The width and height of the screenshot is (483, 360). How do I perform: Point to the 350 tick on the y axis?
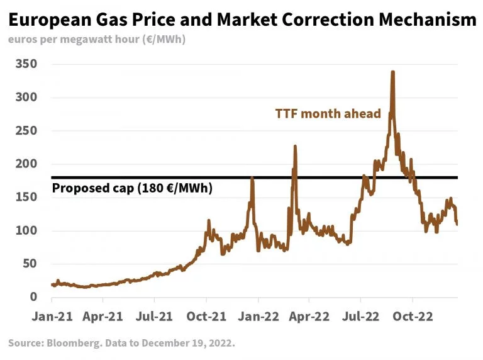pos(26,64)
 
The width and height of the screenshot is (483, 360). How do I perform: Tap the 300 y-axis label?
pos(26,98)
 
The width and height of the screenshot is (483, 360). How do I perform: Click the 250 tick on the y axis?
pos(26,131)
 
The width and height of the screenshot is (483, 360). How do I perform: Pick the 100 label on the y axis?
pos(26,231)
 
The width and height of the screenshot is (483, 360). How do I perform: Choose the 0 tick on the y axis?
pos(34,297)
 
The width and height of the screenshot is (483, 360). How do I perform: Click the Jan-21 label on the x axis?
pos(52,317)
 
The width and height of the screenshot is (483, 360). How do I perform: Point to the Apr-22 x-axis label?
pos(309,317)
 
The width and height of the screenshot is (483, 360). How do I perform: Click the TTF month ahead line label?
pos(328,114)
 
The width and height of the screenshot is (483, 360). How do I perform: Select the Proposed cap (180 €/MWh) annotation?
pos(131,188)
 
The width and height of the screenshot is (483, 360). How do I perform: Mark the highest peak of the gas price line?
pos(392,72)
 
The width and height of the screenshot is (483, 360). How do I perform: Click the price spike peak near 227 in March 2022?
pos(294,147)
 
